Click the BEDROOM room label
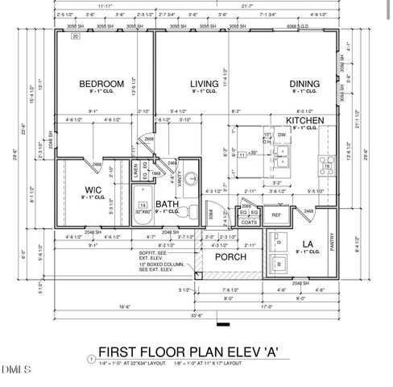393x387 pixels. [101, 83]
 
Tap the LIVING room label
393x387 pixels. [205, 83]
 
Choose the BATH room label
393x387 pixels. [168, 204]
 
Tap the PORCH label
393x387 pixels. [230, 256]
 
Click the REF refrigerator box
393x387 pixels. [276, 215]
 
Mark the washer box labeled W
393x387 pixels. [279, 263]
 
